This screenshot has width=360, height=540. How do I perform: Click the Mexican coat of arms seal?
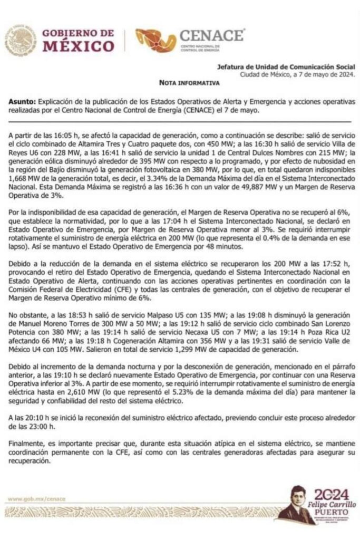point(21,41)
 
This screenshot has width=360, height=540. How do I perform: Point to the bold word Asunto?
point(23,101)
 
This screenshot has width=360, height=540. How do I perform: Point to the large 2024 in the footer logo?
point(331,495)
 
